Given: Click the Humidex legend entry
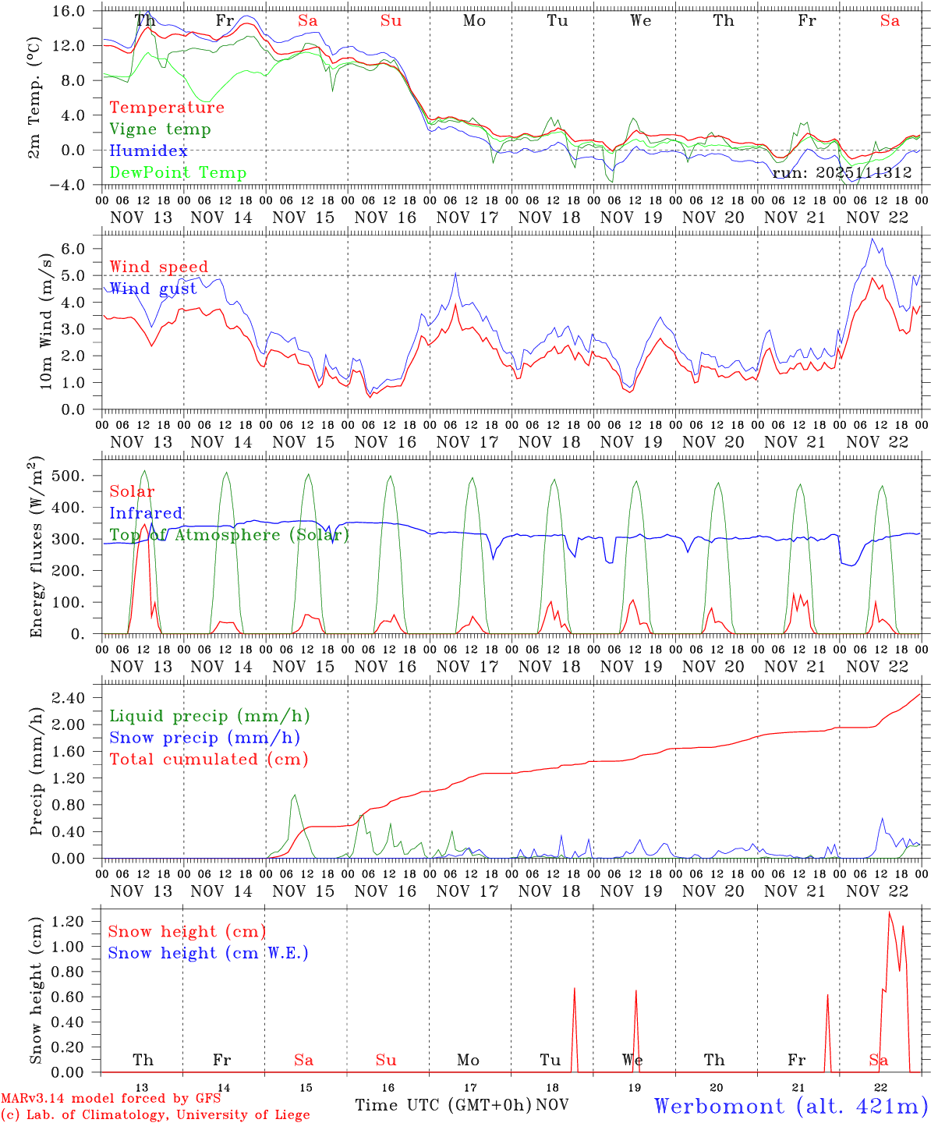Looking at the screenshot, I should pos(148,151).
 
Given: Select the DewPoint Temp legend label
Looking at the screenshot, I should pos(178,173).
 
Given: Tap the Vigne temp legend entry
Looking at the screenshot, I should pos(160,129).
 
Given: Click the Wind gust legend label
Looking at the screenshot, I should pos(153,289).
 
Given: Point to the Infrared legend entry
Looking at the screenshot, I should pos(146,513).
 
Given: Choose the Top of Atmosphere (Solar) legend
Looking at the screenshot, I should pos(229,535).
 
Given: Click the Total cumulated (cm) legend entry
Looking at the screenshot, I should pos(209,760).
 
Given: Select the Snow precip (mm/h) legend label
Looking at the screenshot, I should pos(204,738).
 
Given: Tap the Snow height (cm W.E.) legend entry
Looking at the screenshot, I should pos(208,953).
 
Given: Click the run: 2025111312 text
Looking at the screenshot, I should pos(842,173).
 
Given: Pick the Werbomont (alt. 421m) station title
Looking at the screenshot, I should pos(791,1106).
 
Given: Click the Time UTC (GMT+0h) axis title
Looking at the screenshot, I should pos(444,1105).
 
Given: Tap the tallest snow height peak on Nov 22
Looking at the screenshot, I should pos(889,912).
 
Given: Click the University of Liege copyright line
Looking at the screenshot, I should pos(155,1115).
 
